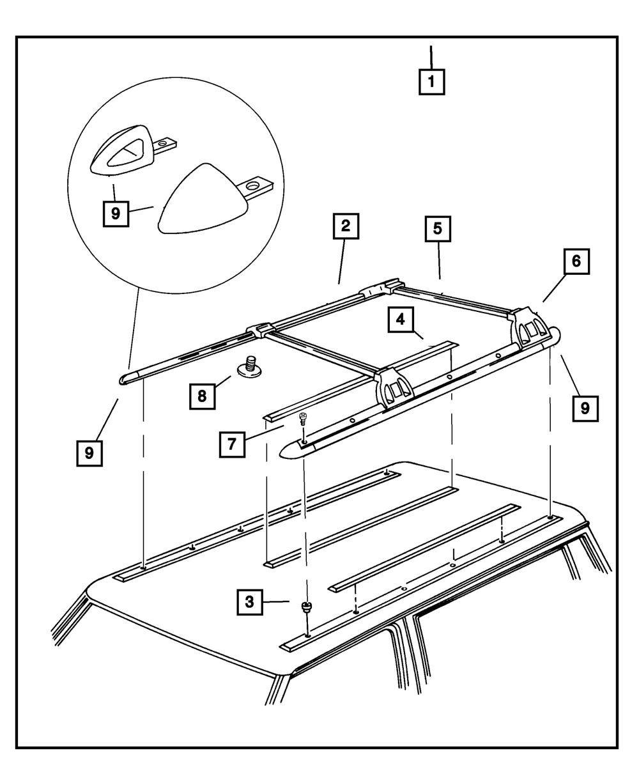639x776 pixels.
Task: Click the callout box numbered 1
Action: tap(431, 82)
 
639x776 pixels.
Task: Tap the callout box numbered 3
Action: tap(250, 601)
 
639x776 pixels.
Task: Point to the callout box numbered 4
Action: tap(400, 320)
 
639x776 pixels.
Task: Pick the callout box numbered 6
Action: tap(576, 261)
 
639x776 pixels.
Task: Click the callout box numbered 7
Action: tap(231, 443)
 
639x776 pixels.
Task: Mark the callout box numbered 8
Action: tap(202, 396)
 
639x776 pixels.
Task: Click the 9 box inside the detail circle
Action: tap(116, 213)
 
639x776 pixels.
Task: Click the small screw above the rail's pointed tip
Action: tap(304, 419)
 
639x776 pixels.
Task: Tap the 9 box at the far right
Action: tap(585, 407)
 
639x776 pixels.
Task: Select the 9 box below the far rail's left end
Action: tap(89, 453)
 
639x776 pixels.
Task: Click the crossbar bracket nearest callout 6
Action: tap(530, 326)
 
